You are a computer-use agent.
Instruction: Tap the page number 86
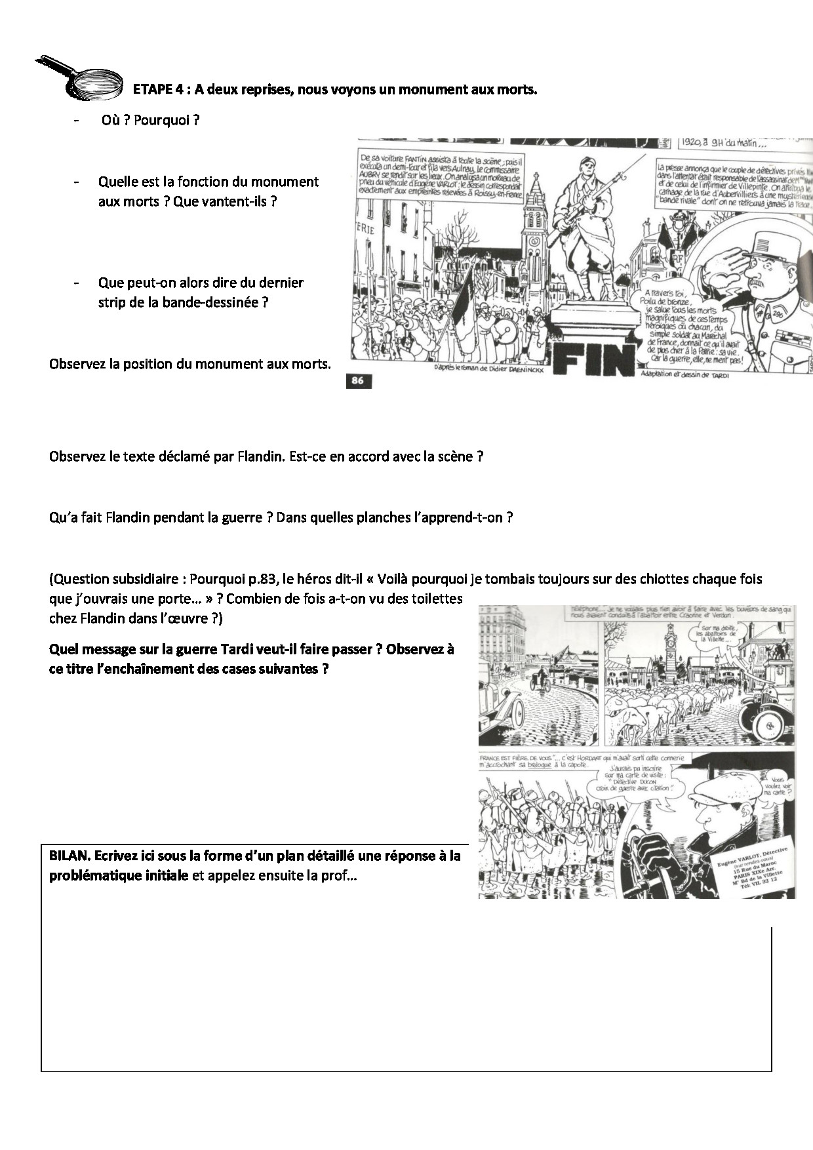coord(358,381)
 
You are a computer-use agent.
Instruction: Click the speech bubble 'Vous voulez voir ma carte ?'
coord(777,785)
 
